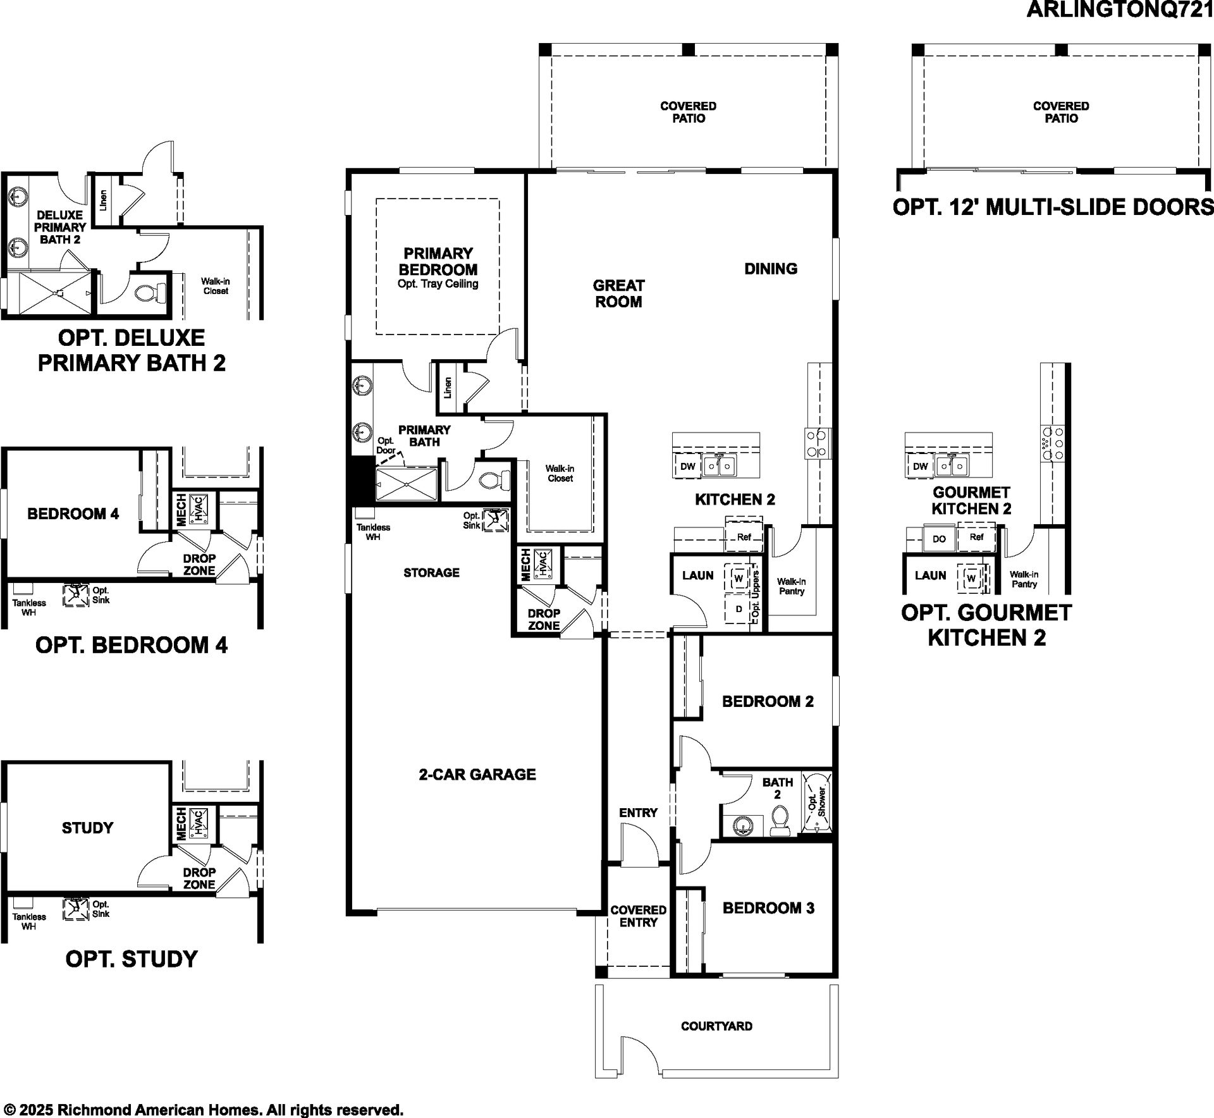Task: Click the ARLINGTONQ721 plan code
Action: [x=1120, y=9]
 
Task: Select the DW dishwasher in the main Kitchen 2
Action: [x=688, y=467]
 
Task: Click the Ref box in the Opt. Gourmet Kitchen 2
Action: [x=976, y=537]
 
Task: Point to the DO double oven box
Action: [x=939, y=539]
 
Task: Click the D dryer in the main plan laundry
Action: [x=739, y=610]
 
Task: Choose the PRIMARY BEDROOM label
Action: [x=438, y=261]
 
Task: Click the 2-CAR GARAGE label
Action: [x=477, y=775]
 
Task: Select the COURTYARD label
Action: [x=716, y=1026]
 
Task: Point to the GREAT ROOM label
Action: [x=618, y=293]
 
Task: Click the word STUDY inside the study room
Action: [x=87, y=828]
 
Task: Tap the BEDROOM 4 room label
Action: [x=73, y=514]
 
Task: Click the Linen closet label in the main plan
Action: [x=448, y=388]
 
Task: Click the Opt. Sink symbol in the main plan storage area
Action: [x=495, y=520]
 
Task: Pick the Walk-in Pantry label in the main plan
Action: [x=791, y=586]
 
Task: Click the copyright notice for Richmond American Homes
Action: [x=203, y=1110]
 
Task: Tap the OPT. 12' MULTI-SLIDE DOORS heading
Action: [x=1053, y=207]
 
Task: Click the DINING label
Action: [x=771, y=269]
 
